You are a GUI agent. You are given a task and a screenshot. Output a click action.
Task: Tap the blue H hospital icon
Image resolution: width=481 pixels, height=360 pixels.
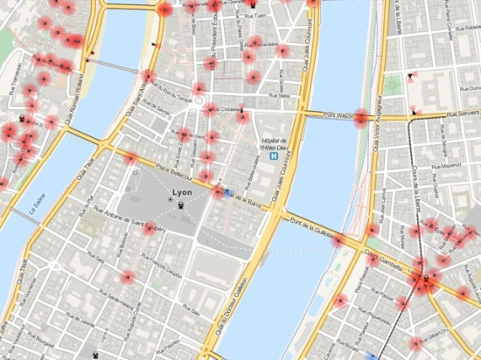tap(275, 159)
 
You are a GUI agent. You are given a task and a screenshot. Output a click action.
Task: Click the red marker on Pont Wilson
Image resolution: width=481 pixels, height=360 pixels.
tap(359, 118)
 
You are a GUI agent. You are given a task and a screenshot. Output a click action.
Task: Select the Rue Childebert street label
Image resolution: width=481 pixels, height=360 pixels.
tap(225, 109)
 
